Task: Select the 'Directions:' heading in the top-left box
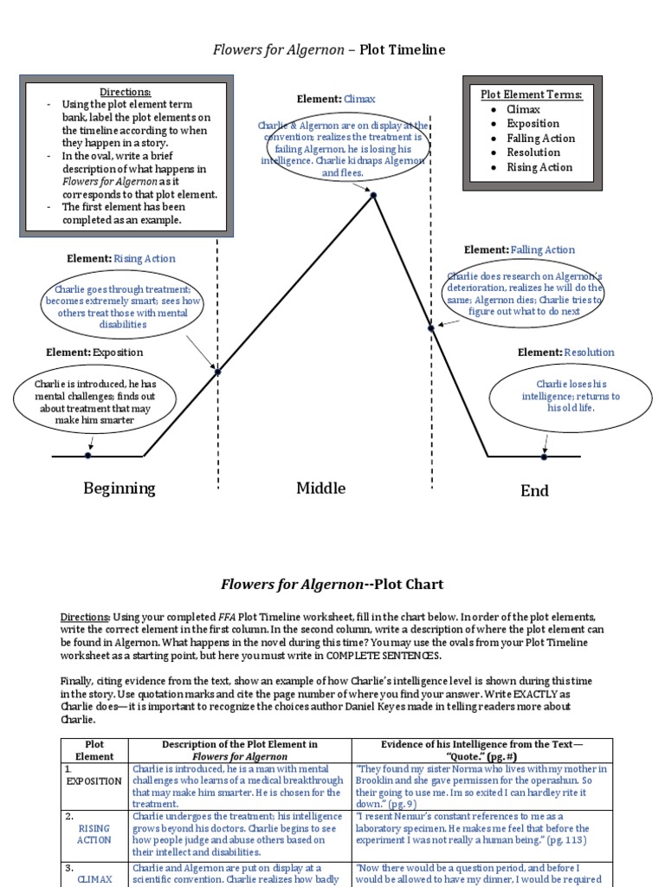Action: (126, 92)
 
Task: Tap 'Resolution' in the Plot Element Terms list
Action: (533, 152)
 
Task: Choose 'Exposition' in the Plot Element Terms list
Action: (533, 124)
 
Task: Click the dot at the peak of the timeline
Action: (374, 196)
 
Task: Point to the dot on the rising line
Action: (217, 372)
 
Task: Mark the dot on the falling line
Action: (432, 327)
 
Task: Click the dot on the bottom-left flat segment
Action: (88, 455)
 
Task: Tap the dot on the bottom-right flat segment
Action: (545, 455)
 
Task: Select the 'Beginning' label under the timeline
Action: (119, 489)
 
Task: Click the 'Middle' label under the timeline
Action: (320, 489)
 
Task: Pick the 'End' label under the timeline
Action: (534, 491)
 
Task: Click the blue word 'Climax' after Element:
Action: (359, 100)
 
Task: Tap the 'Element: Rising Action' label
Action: (121, 258)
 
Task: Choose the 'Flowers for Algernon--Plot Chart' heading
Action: (332, 585)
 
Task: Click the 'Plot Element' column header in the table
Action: (94, 750)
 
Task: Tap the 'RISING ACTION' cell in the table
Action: (94, 833)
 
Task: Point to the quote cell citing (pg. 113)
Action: (481, 828)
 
